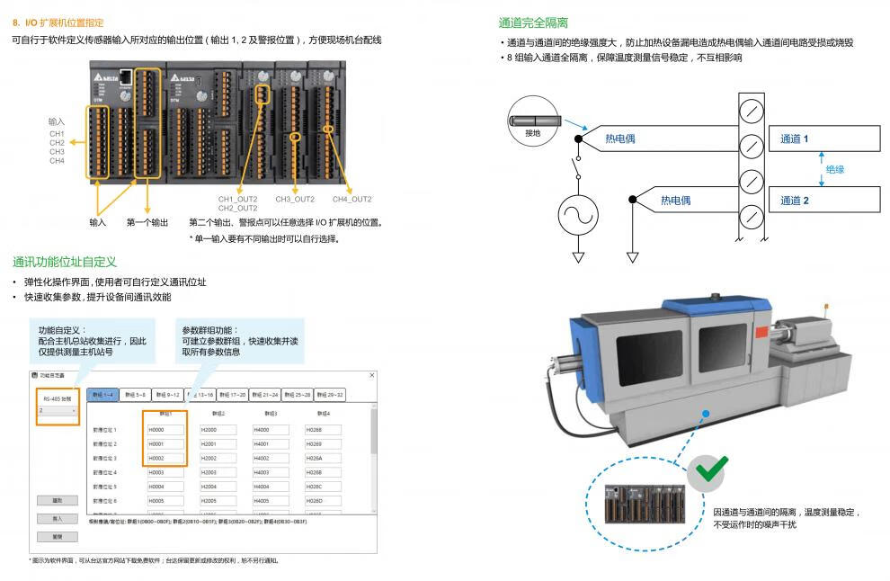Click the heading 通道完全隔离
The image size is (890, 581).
point(533,22)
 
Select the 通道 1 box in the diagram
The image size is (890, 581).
point(823,139)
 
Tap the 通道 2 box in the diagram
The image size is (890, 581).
point(823,200)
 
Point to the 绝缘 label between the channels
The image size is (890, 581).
point(835,169)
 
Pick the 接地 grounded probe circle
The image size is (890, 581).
point(533,121)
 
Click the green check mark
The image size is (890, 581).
point(711,469)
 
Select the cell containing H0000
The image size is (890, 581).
point(166,430)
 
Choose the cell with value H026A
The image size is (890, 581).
point(322,458)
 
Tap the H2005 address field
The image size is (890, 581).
point(218,500)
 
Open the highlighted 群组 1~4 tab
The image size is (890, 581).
point(103,395)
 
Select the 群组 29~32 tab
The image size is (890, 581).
point(327,395)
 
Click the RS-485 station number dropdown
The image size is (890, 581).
point(57,410)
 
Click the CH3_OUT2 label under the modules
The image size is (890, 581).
point(295,199)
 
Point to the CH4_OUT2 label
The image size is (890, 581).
point(352,199)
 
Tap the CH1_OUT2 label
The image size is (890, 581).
point(237,199)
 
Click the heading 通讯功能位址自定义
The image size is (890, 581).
point(65,262)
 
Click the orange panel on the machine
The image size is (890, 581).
point(761,333)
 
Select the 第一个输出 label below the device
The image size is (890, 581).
point(147,222)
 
